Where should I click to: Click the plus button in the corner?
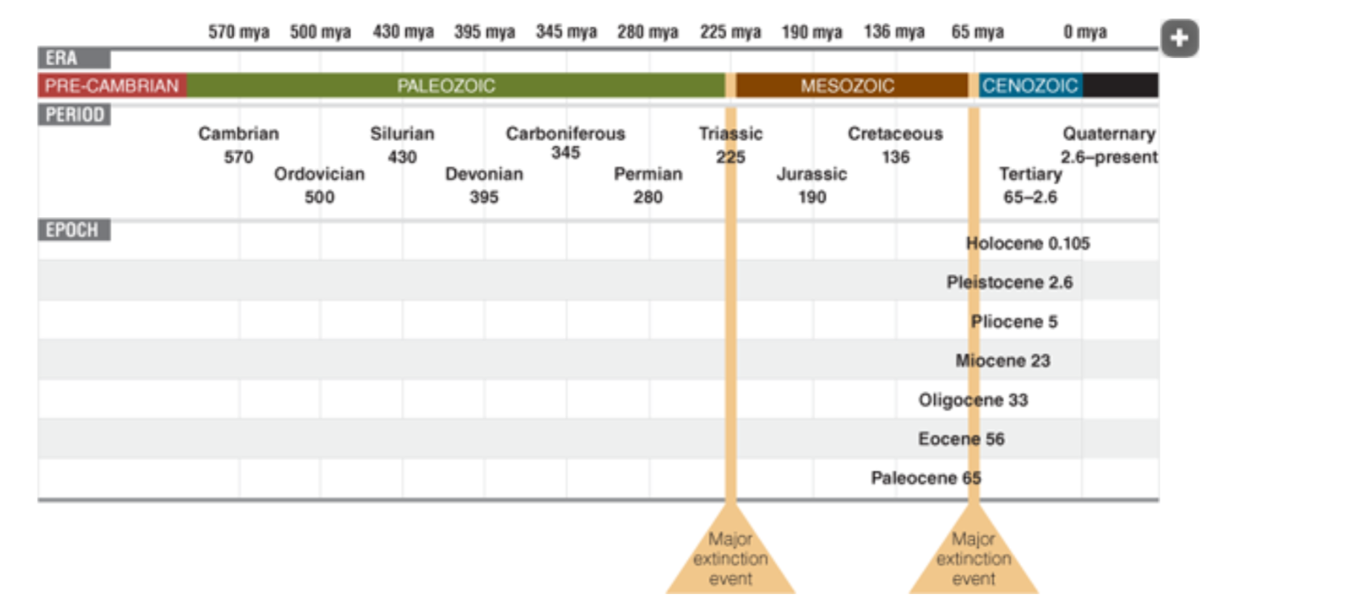point(1179,38)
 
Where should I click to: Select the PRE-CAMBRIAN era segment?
point(112,85)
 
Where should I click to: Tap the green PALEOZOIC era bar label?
point(446,85)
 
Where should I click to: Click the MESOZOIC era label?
point(847,85)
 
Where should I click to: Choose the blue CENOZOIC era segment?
point(1029,85)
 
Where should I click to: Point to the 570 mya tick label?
point(238,32)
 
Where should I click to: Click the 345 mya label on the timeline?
point(566,32)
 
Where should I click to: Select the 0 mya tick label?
point(1085,32)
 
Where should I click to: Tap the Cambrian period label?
point(239,134)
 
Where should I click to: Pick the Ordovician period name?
point(319,174)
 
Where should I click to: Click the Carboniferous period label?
point(565,134)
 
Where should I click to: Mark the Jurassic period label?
point(811,174)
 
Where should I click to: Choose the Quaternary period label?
point(1109,134)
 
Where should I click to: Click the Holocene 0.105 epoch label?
point(1028,243)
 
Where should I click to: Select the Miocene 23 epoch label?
point(1003,360)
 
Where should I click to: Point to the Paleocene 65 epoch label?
point(926,478)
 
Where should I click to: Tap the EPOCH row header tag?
point(73,230)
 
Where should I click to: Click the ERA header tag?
point(63,58)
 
